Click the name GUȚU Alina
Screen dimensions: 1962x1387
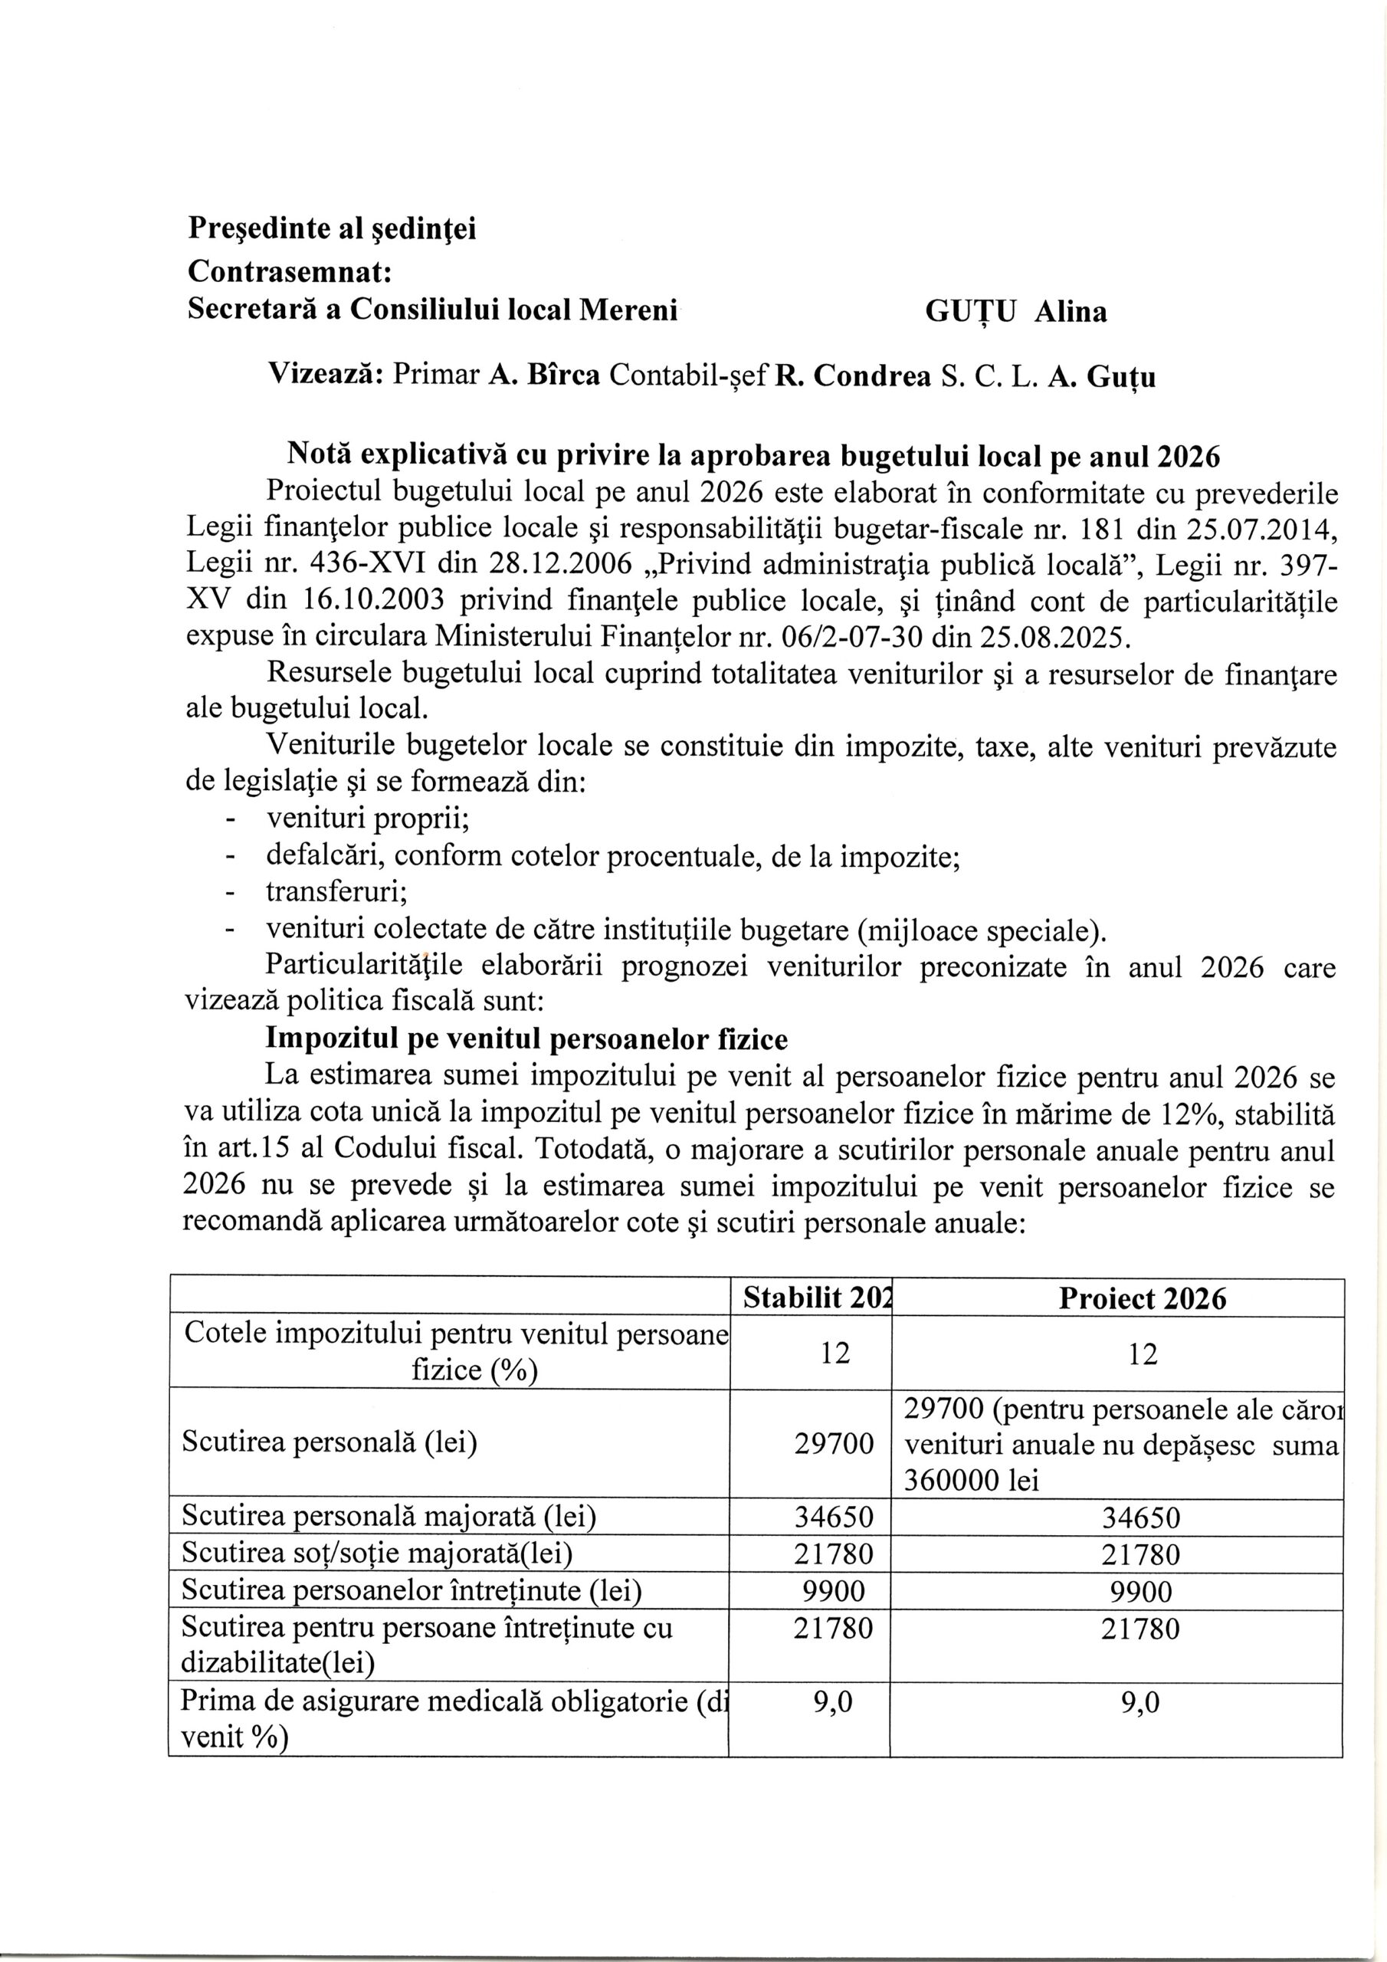click(1015, 313)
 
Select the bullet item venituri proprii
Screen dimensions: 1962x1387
click(369, 819)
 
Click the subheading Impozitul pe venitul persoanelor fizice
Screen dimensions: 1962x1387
click(527, 1039)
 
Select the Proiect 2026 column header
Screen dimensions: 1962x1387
click(1142, 1300)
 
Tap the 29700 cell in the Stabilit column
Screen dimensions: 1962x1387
click(834, 1444)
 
